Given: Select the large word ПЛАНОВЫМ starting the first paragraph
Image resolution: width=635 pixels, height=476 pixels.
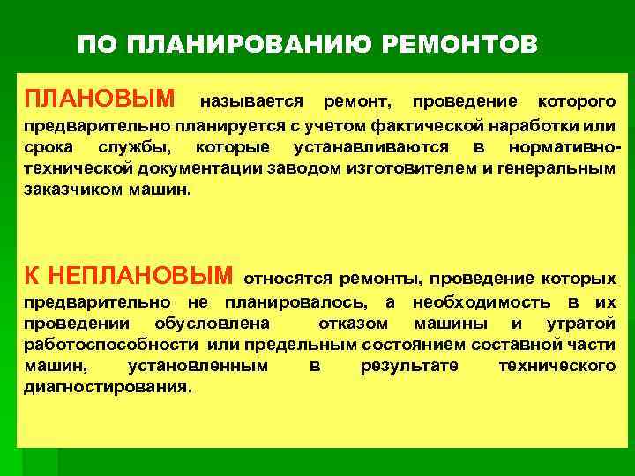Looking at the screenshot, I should coord(105,94).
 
